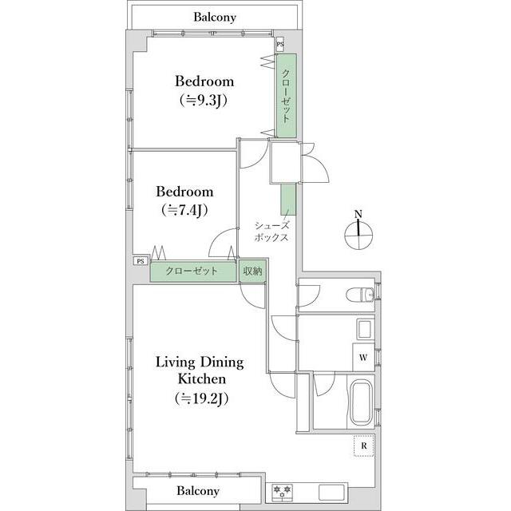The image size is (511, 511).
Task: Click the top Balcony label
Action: pos(215,17)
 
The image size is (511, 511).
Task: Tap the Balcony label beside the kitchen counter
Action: pos(198,490)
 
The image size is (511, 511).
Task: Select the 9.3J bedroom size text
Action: pos(204,100)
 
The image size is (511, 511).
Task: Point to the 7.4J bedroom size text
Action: pos(184,210)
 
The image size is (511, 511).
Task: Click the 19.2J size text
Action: pos(201,398)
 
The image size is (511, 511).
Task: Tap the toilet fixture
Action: pos(360,295)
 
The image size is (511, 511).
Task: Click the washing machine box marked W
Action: pos(363,357)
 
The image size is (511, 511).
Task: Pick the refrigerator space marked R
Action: pos(364,446)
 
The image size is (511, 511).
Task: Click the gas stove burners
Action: pos(282,493)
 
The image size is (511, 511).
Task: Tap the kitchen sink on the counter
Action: pos(332,493)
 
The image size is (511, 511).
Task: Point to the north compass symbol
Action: pos(358,232)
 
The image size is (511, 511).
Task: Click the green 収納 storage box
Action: pos(252,271)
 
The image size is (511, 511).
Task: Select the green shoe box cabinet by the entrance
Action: pos(288,199)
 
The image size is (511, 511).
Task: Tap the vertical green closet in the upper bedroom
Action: pos(287,96)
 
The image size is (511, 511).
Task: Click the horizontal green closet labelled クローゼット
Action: pos(193,271)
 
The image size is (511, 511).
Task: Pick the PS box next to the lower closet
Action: pos(141,261)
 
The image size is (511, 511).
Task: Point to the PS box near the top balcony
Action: pos(280,45)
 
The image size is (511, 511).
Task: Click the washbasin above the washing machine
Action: pos(364,330)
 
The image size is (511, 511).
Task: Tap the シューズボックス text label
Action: pos(271,232)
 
